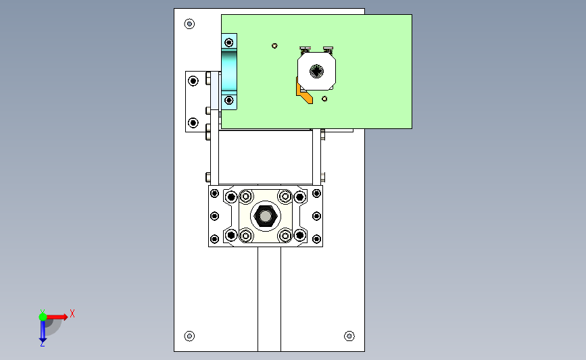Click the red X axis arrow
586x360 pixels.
click(56, 317)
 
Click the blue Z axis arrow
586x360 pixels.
click(43, 331)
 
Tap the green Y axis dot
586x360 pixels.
click(43, 317)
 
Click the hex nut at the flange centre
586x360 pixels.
click(266, 216)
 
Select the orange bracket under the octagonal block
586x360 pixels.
click(304, 93)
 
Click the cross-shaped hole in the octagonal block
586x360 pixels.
click(316, 72)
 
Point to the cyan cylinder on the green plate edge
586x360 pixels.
click(229, 72)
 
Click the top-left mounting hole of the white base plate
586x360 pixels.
click(189, 24)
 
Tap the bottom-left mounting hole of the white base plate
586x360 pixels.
click(189, 336)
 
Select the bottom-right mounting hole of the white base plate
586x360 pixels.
click(349, 336)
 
